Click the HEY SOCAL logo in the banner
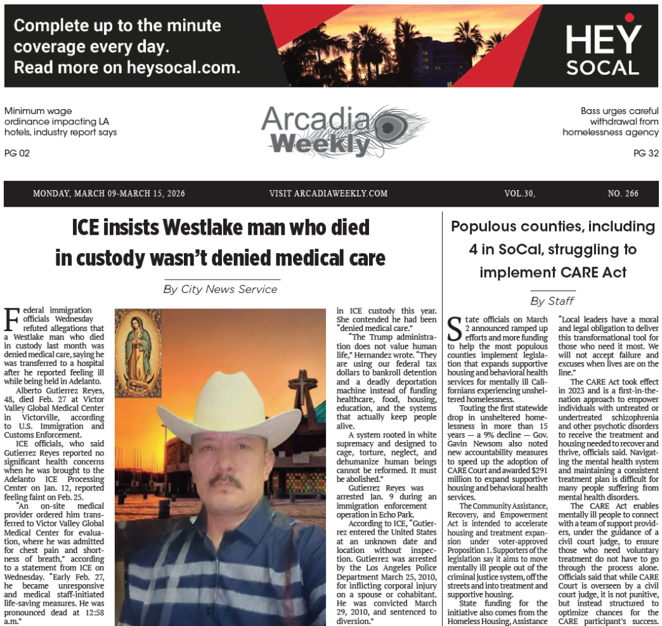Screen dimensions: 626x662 [x=602, y=48]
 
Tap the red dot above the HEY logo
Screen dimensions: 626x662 [x=629, y=17]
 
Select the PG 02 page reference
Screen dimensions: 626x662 [x=17, y=153]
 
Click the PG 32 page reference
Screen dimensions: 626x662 [x=646, y=153]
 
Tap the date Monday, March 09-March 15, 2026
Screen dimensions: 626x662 [x=109, y=193]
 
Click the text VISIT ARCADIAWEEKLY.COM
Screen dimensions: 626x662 [x=328, y=193]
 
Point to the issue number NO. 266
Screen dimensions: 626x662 [x=623, y=193]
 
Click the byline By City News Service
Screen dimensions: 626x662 [x=220, y=289]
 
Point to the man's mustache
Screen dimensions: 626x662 [x=225, y=481]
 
